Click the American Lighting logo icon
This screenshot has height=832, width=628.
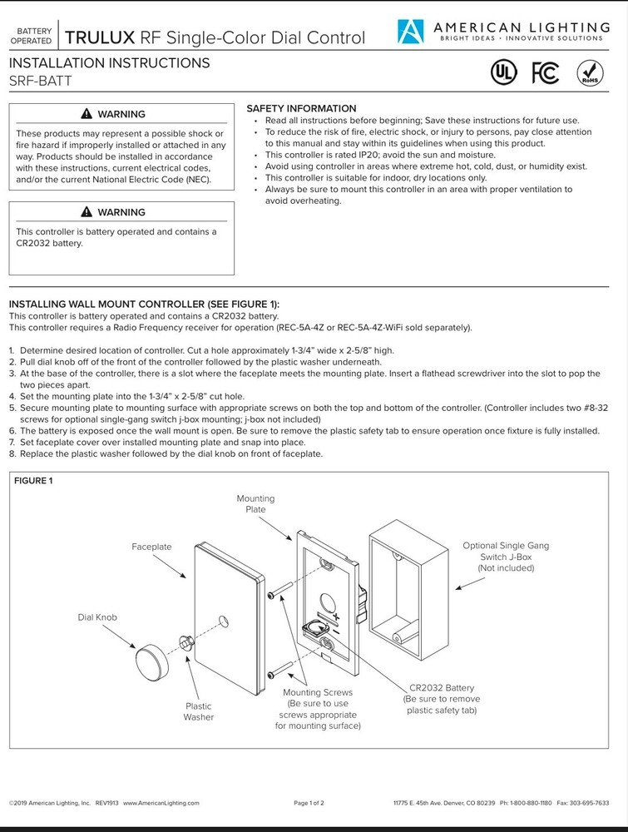pos(410,32)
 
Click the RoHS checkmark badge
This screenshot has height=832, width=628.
pos(589,73)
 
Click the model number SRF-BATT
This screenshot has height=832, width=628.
pos(40,81)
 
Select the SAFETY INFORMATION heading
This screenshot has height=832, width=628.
pos(301,109)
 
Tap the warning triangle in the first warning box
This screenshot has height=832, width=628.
pos(87,114)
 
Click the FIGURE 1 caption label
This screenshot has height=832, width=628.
pos(34,481)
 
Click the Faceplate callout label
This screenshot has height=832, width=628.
pos(151,547)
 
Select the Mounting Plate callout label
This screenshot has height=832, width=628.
pos(255,504)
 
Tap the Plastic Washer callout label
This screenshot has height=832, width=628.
pos(199,711)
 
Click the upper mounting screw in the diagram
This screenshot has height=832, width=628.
pos(281,592)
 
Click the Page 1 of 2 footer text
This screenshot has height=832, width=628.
pos(309,803)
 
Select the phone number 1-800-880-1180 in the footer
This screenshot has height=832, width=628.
pos(529,803)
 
